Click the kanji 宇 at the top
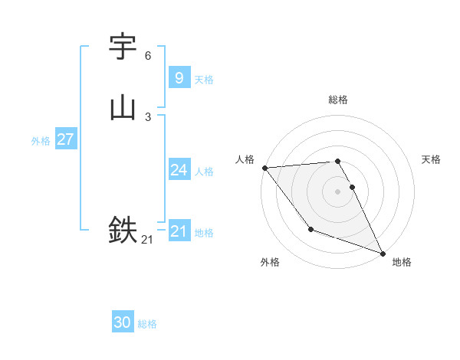point(123,47)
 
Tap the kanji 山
point(123,108)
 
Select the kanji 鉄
point(123,229)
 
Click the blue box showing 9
point(179,78)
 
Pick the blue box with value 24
point(179,170)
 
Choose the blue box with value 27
point(65,139)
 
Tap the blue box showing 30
point(122,322)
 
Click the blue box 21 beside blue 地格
point(179,231)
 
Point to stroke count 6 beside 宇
point(148,56)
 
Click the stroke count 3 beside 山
point(148,117)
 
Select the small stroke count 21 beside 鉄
point(147,240)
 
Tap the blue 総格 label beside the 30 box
point(147,324)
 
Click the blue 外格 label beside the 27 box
point(41,141)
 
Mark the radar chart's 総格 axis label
point(338,100)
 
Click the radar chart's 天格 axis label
point(432,159)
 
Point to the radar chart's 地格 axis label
point(402,262)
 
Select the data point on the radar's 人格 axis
point(264,168)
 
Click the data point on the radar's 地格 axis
point(383,253)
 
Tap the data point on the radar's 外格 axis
point(310,229)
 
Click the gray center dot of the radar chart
point(338,191)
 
